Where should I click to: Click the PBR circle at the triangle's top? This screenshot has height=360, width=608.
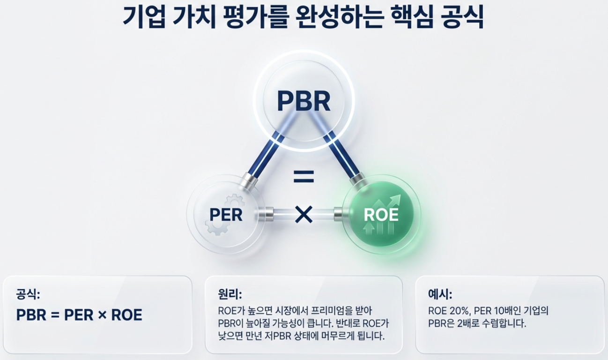[304, 100]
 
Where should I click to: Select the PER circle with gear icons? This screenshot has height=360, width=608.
[225, 215]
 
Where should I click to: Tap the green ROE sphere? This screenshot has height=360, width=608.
[381, 215]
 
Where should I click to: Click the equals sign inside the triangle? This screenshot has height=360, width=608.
[304, 177]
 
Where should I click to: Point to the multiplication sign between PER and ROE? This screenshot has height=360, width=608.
[304, 215]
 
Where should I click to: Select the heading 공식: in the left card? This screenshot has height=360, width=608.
[28, 294]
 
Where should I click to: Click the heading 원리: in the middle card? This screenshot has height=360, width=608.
[230, 294]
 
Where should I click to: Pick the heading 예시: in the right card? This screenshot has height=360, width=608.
[440, 294]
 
